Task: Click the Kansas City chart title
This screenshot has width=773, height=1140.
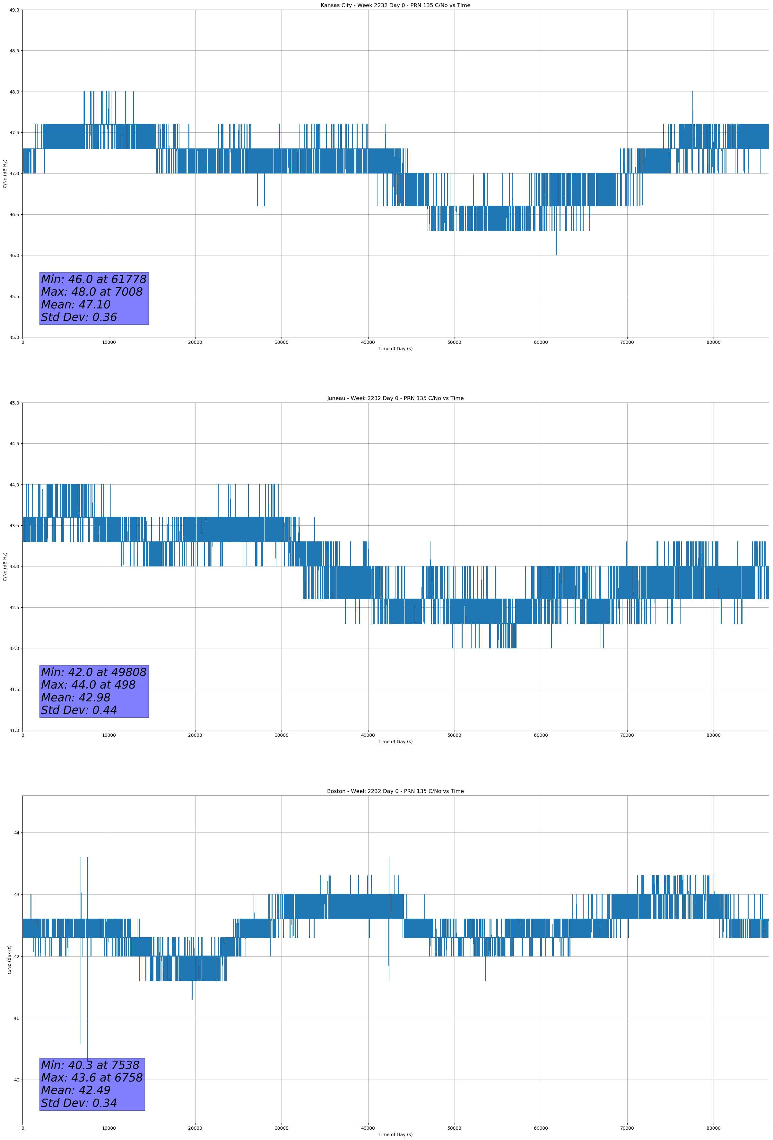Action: click(x=395, y=5)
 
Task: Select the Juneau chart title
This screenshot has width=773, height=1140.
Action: click(x=395, y=398)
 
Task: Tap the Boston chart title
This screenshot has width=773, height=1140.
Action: click(x=395, y=791)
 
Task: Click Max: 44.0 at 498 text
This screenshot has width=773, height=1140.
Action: click(x=88, y=685)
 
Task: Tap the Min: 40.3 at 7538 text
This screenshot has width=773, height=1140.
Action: click(x=90, y=1065)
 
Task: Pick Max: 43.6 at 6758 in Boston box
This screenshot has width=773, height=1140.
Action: click(x=92, y=1078)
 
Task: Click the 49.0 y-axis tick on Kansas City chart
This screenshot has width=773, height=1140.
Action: click(x=14, y=10)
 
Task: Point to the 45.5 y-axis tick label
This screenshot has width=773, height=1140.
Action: click(x=14, y=296)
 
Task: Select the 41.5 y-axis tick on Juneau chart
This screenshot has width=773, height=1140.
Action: click(x=14, y=689)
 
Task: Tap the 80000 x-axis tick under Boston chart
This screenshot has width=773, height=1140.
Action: click(x=713, y=1128)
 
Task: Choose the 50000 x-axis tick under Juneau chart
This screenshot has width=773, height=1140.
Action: click(x=454, y=735)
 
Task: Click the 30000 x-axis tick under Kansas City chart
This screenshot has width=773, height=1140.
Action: click(x=281, y=343)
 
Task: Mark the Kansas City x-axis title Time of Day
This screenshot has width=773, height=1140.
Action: click(x=395, y=349)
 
